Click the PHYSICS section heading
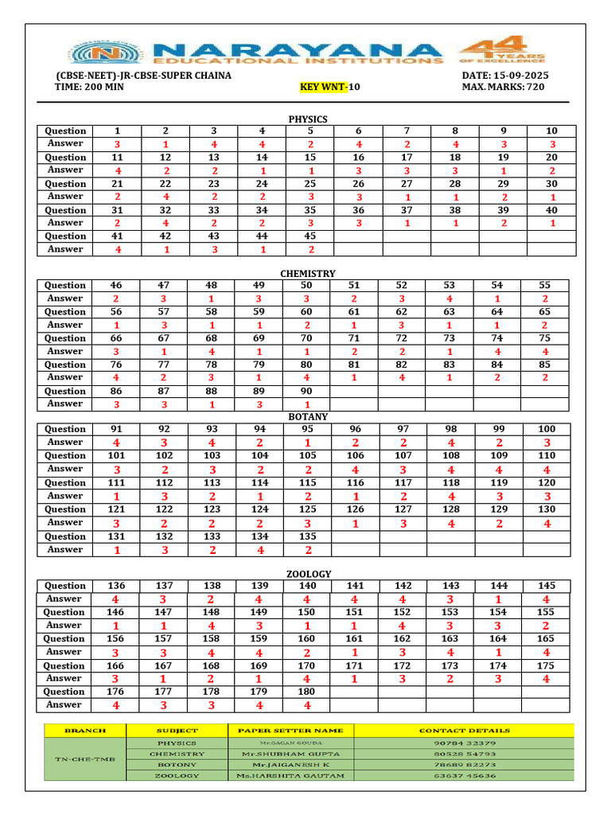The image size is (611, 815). pyautogui.click(x=308, y=119)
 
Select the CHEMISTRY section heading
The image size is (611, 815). pyautogui.click(x=308, y=274)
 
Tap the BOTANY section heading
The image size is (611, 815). pyautogui.click(x=308, y=416)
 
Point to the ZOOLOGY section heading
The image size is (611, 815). pyautogui.click(x=308, y=574)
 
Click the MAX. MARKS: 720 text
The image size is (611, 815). pyautogui.click(x=503, y=87)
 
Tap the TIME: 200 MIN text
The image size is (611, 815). pyautogui.click(x=90, y=87)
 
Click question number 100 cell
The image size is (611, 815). pyautogui.click(x=547, y=429)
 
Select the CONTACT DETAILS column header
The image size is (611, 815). pyautogui.click(x=464, y=730)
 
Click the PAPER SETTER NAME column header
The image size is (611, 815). pyautogui.click(x=290, y=730)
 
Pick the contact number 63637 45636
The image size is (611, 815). pyautogui.click(x=464, y=775)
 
